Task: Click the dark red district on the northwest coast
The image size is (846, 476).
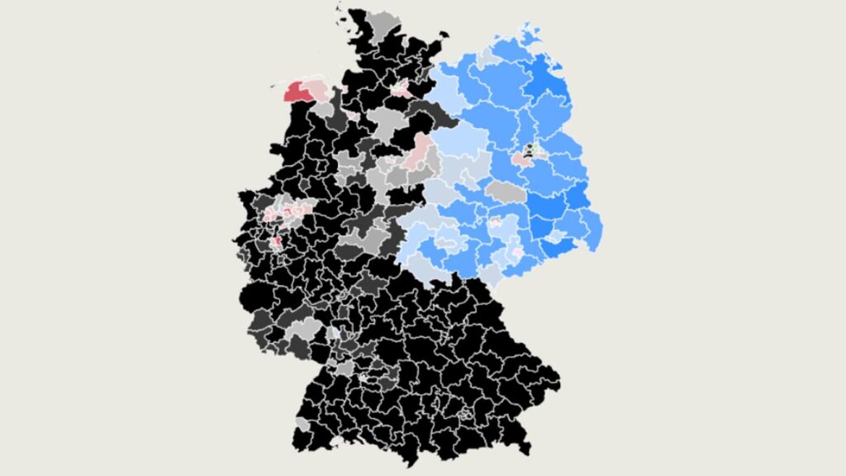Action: tap(296, 91)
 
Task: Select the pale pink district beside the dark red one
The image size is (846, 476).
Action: tap(317, 88)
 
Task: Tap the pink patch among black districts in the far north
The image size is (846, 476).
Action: tap(402, 89)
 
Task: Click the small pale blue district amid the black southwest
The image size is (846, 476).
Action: tap(333, 332)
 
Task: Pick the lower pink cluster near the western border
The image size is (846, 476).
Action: tap(276, 241)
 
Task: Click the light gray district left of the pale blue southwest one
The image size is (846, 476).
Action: tap(307, 329)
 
